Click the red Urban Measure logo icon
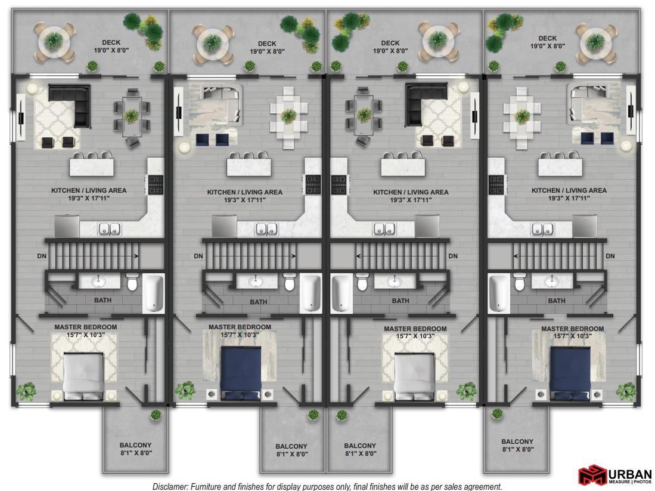point(592,475)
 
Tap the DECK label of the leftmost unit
point(111,42)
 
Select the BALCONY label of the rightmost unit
point(517,441)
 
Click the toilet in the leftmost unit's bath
point(132,282)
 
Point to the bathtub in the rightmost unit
point(499,293)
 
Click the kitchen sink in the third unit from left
point(384,229)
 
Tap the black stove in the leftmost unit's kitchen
point(156,185)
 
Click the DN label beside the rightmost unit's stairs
point(610,256)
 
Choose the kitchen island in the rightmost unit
point(560,166)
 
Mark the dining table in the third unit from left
point(364,116)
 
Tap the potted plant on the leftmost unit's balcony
point(156,415)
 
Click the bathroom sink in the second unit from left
point(256,281)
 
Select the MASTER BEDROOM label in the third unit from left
point(415,329)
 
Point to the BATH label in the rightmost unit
point(557,301)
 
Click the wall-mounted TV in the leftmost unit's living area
point(21,118)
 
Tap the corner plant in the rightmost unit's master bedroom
point(626,391)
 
